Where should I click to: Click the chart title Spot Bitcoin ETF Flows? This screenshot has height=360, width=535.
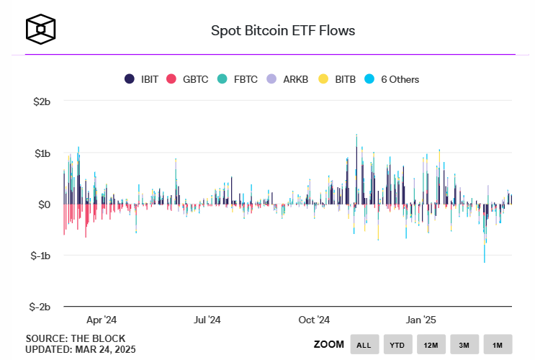click(282, 31)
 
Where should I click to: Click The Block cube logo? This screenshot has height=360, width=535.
click(41, 29)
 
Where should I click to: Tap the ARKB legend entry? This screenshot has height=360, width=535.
click(288, 79)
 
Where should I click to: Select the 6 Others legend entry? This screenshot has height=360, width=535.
click(392, 79)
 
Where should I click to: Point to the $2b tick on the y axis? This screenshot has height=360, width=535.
click(42, 102)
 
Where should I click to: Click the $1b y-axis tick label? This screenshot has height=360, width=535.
click(42, 153)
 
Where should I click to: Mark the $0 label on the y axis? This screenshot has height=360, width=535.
click(44, 204)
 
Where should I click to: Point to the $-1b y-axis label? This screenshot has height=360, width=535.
click(40, 256)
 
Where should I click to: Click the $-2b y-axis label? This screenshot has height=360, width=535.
click(40, 307)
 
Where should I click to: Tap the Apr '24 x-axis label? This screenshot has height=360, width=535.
click(101, 320)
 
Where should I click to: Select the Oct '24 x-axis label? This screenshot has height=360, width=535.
click(314, 320)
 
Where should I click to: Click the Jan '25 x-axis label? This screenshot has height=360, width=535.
click(420, 320)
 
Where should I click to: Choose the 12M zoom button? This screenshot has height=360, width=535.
click(431, 345)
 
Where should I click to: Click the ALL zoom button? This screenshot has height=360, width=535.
click(364, 345)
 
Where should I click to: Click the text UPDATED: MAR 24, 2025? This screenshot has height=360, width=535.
click(81, 349)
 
